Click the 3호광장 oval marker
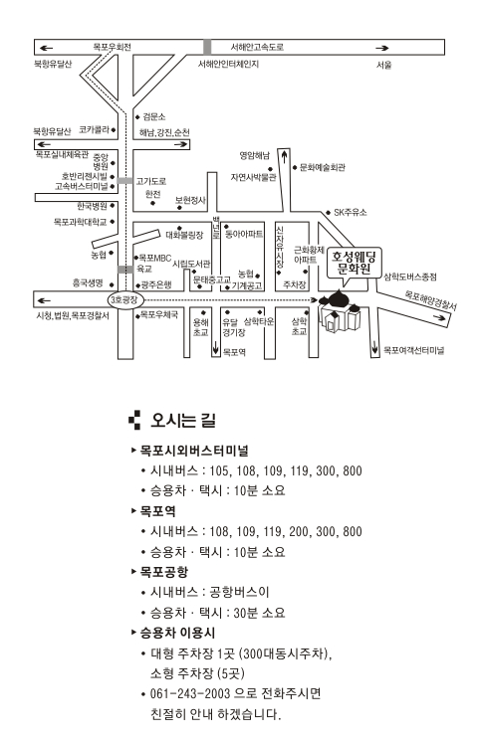pyautogui.click(x=124, y=299)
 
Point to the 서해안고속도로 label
pyautogui.click(x=258, y=47)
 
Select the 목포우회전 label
pyautogui.click(x=112, y=47)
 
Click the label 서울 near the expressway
pyautogui.click(x=384, y=65)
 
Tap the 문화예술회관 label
pyautogui.click(x=322, y=167)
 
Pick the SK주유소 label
pyautogui.click(x=351, y=212)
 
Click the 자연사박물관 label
pyautogui.click(x=253, y=178)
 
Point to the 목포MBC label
pyautogui.click(x=155, y=258)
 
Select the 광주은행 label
pyautogui.click(x=156, y=284)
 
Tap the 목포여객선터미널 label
pyautogui.click(x=414, y=350)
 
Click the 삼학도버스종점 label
pyautogui.click(x=410, y=277)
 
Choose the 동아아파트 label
pyautogui.click(x=244, y=234)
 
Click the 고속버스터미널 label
pyautogui.click(x=82, y=186)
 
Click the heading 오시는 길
pyautogui.click(x=183, y=421)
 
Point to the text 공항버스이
pyautogui.click(x=239, y=592)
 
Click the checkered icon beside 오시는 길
pyautogui.click(x=134, y=420)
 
